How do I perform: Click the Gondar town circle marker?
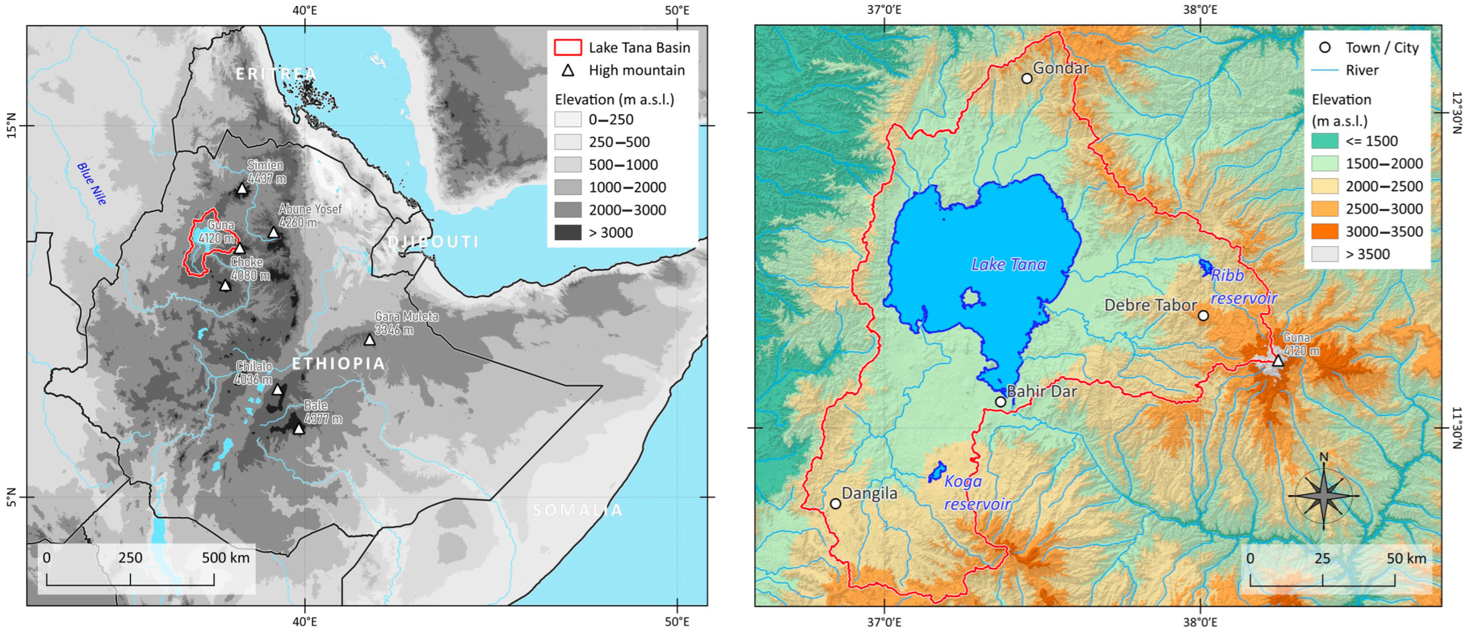[x=1026, y=79]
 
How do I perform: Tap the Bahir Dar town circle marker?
[x=1000, y=402]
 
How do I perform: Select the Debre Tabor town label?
[x=1151, y=305]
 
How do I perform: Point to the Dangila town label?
[x=869, y=493]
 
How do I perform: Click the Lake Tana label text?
[x=1008, y=264]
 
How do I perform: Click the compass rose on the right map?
[x=1323, y=495]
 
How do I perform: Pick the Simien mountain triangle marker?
[x=242, y=189]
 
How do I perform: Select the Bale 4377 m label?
[x=322, y=412]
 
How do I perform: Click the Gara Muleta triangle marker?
[x=370, y=340]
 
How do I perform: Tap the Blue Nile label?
[x=92, y=184]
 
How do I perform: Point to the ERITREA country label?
[x=276, y=74]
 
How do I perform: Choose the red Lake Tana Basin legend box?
[x=567, y=47]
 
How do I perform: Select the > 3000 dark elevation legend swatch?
[x=567, y=232]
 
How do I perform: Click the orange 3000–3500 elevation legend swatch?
[x=1324, y=232]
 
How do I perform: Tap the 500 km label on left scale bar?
[x=226, y=558]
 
